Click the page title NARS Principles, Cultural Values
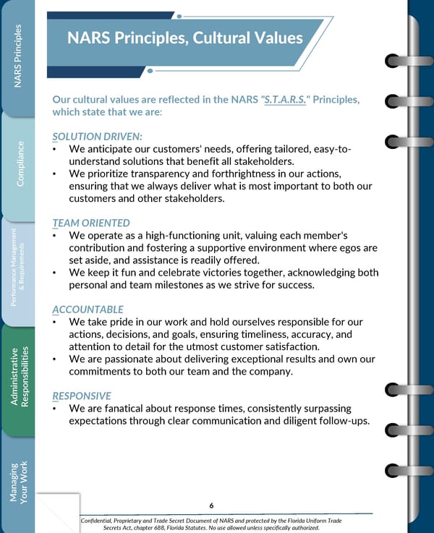click(184, 38)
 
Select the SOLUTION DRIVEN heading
click(98, 137)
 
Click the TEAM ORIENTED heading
click(91, 223)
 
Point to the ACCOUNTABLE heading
click(88, 310)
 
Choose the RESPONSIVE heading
click(82, 396)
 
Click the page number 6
click(210, 506)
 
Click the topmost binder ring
click(396, 60)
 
